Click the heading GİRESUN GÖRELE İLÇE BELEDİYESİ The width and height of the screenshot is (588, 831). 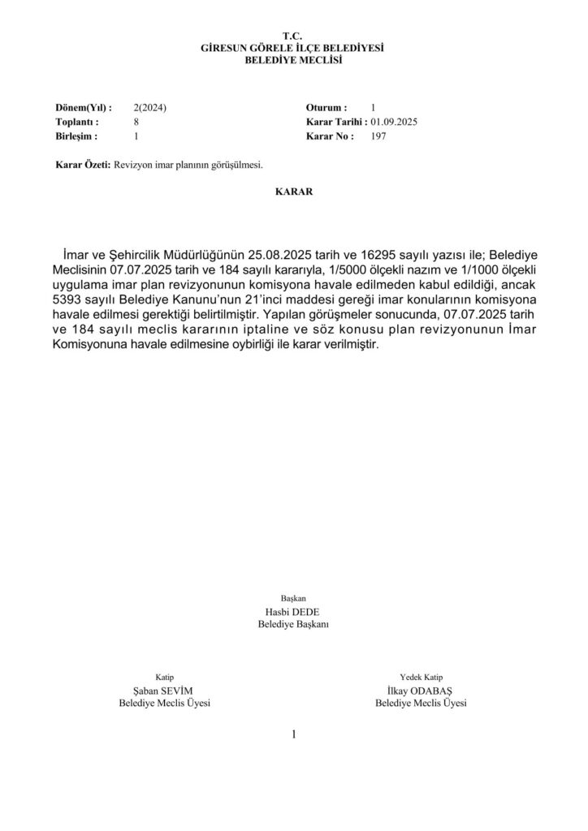pyautogui.click(x=292, y=49)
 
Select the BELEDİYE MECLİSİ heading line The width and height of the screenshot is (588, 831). pyautogui.click(x=292, y=60)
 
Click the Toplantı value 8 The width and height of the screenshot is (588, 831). pyautogui.click(x=136, y=122)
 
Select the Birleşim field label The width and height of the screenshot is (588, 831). pyautogui.click(x=76, y=136)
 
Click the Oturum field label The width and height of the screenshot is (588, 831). pyautogui.click(x=326, y=107)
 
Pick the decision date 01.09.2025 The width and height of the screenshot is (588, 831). pyautogui.click(x=394, y=122)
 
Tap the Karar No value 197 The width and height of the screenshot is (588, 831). pyautogui.click(x=378, y=136)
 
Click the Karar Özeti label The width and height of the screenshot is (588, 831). pyautogui.click(x=81, y=165)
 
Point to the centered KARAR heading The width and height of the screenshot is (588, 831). pyautogui.click(x=293, y=193)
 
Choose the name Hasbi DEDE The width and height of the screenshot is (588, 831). pyautogui.click(x=292, y=612)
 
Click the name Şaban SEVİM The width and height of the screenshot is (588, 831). pyautogui.click(x=164, y=691)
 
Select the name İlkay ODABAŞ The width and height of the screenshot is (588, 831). pyautogui.click(x=421, y=691)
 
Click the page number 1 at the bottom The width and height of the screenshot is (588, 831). pyautogui.click(x=293, y=734)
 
